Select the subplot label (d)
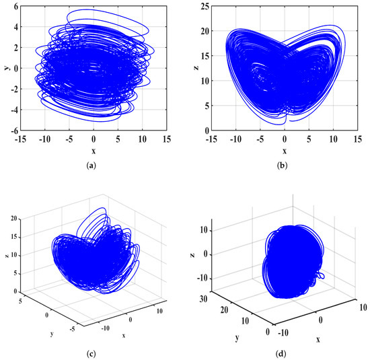pos(283,350)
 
